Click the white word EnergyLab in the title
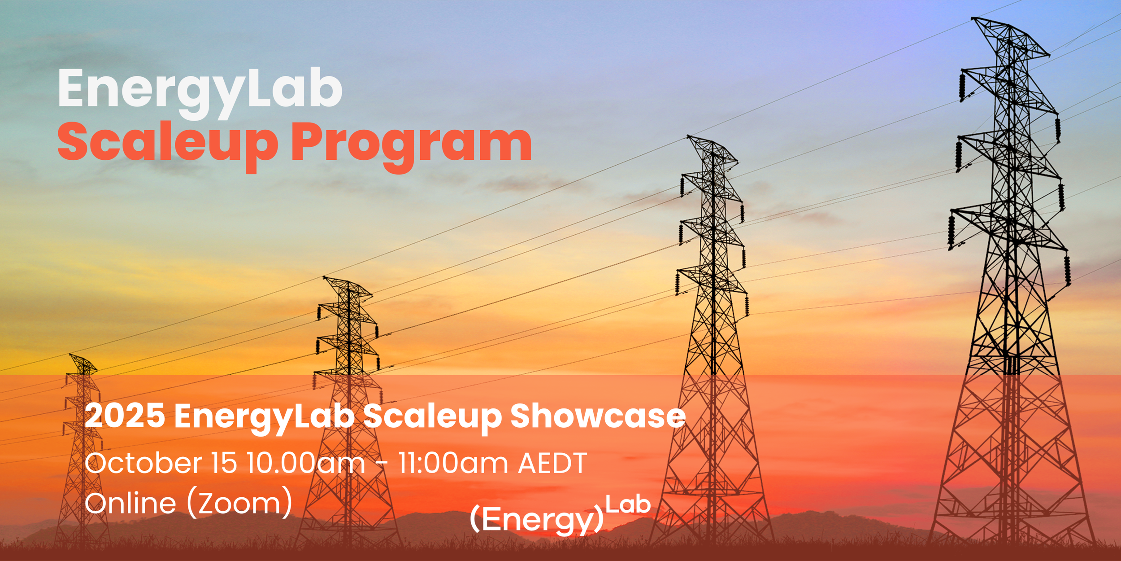pyautogui.click(x=200, y=90)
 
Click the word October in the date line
pyautogui.click(x=143, y=463)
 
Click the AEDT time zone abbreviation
pyautogui.click(x=552, y=463)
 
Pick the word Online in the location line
pyautogui.click(x=130, y=503)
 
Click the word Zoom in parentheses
pyautogui.click(x=239, y=504)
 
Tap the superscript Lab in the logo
pyautogui.click(x=628, y=505)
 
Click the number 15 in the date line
pyautogui.click(x=223, y=463)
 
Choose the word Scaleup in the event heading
pyautogui.click(x=432, y=416)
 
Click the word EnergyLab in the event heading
pyautogui.click(x=264, y=416)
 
